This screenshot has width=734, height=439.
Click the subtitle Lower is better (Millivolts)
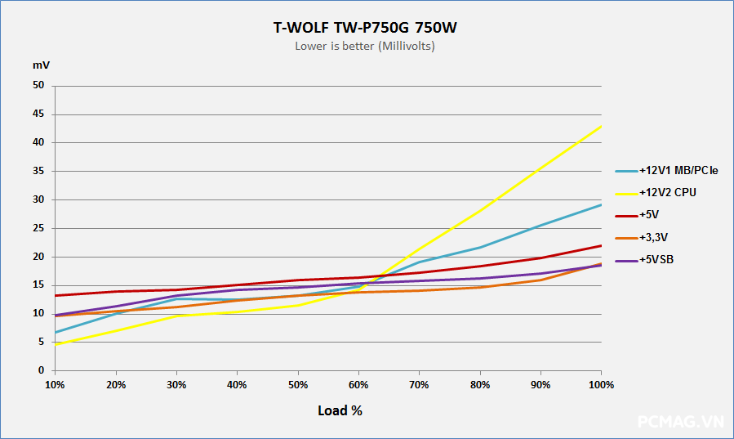pos(365,47)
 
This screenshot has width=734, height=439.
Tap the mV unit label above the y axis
pos(41,65)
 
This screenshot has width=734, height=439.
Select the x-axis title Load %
pos(340,410)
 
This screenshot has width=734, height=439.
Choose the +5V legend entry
pos(649,216)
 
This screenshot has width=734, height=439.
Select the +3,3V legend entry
pos(653,238)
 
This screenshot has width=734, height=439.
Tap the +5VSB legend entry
pos(656,261)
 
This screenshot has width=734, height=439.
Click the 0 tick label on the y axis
pos(42,370)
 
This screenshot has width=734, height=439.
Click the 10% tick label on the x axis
pos(55,384)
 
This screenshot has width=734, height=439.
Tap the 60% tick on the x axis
pos(358,384)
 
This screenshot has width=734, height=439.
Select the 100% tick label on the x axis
pos(601,384)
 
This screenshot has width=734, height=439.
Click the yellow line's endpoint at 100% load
pos(601,126)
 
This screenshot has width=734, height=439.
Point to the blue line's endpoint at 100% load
pos(601,204)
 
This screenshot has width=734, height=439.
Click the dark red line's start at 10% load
pos(55,296)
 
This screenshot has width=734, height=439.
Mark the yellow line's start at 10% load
pos(55,345)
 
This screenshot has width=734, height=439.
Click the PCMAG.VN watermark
pos(680,422)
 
